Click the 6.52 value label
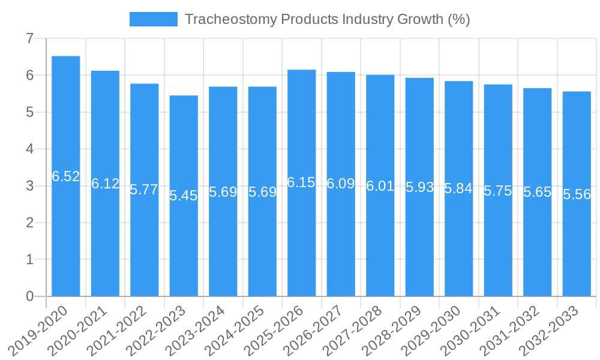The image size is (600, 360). click(x=66, y=176)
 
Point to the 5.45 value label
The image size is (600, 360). click(x=184, y=196)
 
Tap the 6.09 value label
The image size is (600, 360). click(x=341, y=184)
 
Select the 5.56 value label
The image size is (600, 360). click(x=577, y=194)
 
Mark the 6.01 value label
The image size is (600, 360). click(x=380, y=186)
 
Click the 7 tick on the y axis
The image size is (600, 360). click(x=29, y=39)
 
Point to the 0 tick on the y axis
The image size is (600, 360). click(x=29, y=296)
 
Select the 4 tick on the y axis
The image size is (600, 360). click(x=29, y=149)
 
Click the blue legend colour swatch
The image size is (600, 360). click(x=154, y=19)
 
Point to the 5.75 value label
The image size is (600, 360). click(x=498, y=191)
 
